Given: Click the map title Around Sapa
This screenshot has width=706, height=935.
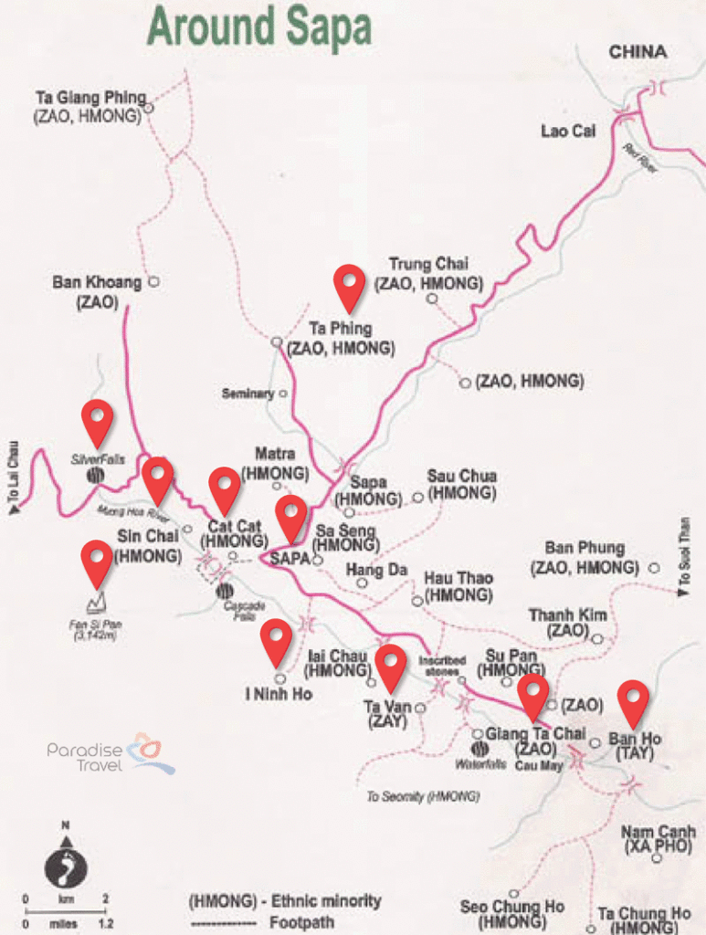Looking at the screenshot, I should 259,27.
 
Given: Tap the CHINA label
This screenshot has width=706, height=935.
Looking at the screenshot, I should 638,52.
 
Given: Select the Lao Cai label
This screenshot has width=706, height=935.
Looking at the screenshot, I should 567,131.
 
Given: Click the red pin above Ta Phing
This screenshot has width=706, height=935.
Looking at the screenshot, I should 349,286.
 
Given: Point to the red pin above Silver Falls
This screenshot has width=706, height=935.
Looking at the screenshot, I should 98,422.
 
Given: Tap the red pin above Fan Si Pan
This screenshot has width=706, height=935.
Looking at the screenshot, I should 97,562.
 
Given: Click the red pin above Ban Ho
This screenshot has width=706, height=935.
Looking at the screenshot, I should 632,702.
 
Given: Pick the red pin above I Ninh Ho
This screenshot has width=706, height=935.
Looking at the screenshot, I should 276,641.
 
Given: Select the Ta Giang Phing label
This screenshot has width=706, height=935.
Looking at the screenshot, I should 90,98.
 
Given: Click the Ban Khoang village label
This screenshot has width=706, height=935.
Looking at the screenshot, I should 97,283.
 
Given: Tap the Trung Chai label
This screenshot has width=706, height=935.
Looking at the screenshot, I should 428,265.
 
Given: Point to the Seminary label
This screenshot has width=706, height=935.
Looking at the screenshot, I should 248,394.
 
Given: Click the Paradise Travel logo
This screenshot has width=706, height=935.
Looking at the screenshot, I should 110,754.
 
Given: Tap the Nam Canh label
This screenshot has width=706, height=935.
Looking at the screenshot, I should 658,832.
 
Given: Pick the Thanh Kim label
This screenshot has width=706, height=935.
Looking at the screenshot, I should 567,616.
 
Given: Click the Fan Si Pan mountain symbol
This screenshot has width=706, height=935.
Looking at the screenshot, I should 97,603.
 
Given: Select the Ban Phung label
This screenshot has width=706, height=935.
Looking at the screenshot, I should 585,548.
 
